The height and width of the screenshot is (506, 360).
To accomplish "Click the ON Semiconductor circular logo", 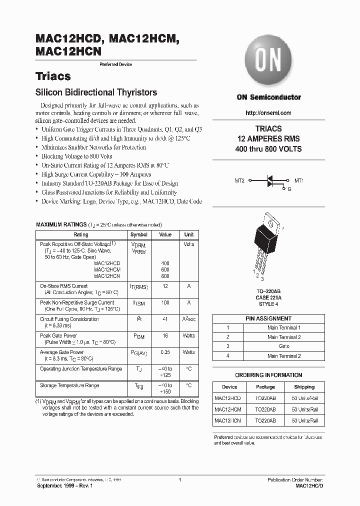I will click(x=268, y=62).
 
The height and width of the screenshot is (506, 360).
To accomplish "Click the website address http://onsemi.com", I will click(x=268, y=113).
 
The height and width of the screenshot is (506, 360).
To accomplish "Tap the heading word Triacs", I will click(x=53, y=76).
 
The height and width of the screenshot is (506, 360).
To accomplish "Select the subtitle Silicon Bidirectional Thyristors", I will click(x=96, y=92).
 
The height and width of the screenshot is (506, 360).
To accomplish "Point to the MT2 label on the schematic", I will click(x=239, y=180).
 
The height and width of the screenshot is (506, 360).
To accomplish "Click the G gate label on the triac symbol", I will click(x=288, y=189).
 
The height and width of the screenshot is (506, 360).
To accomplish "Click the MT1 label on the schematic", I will click(x=298, y=180).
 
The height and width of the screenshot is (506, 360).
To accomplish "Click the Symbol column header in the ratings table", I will click(x=138, y=234).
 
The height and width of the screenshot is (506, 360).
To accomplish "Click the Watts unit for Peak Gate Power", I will click(x=188, y=335).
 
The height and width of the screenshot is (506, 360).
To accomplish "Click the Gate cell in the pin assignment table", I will click(x=284, y=346).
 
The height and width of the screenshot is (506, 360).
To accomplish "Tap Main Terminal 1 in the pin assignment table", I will click(x=284, y=327).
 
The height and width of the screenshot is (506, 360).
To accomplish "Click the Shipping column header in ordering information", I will click(x=304, y=387).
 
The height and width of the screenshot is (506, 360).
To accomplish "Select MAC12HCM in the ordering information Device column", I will click(x=227, y=409).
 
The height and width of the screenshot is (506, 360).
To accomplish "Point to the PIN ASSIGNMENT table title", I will click(x=268, y=318).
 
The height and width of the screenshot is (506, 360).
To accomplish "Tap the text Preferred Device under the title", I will click(x=116, y=64).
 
